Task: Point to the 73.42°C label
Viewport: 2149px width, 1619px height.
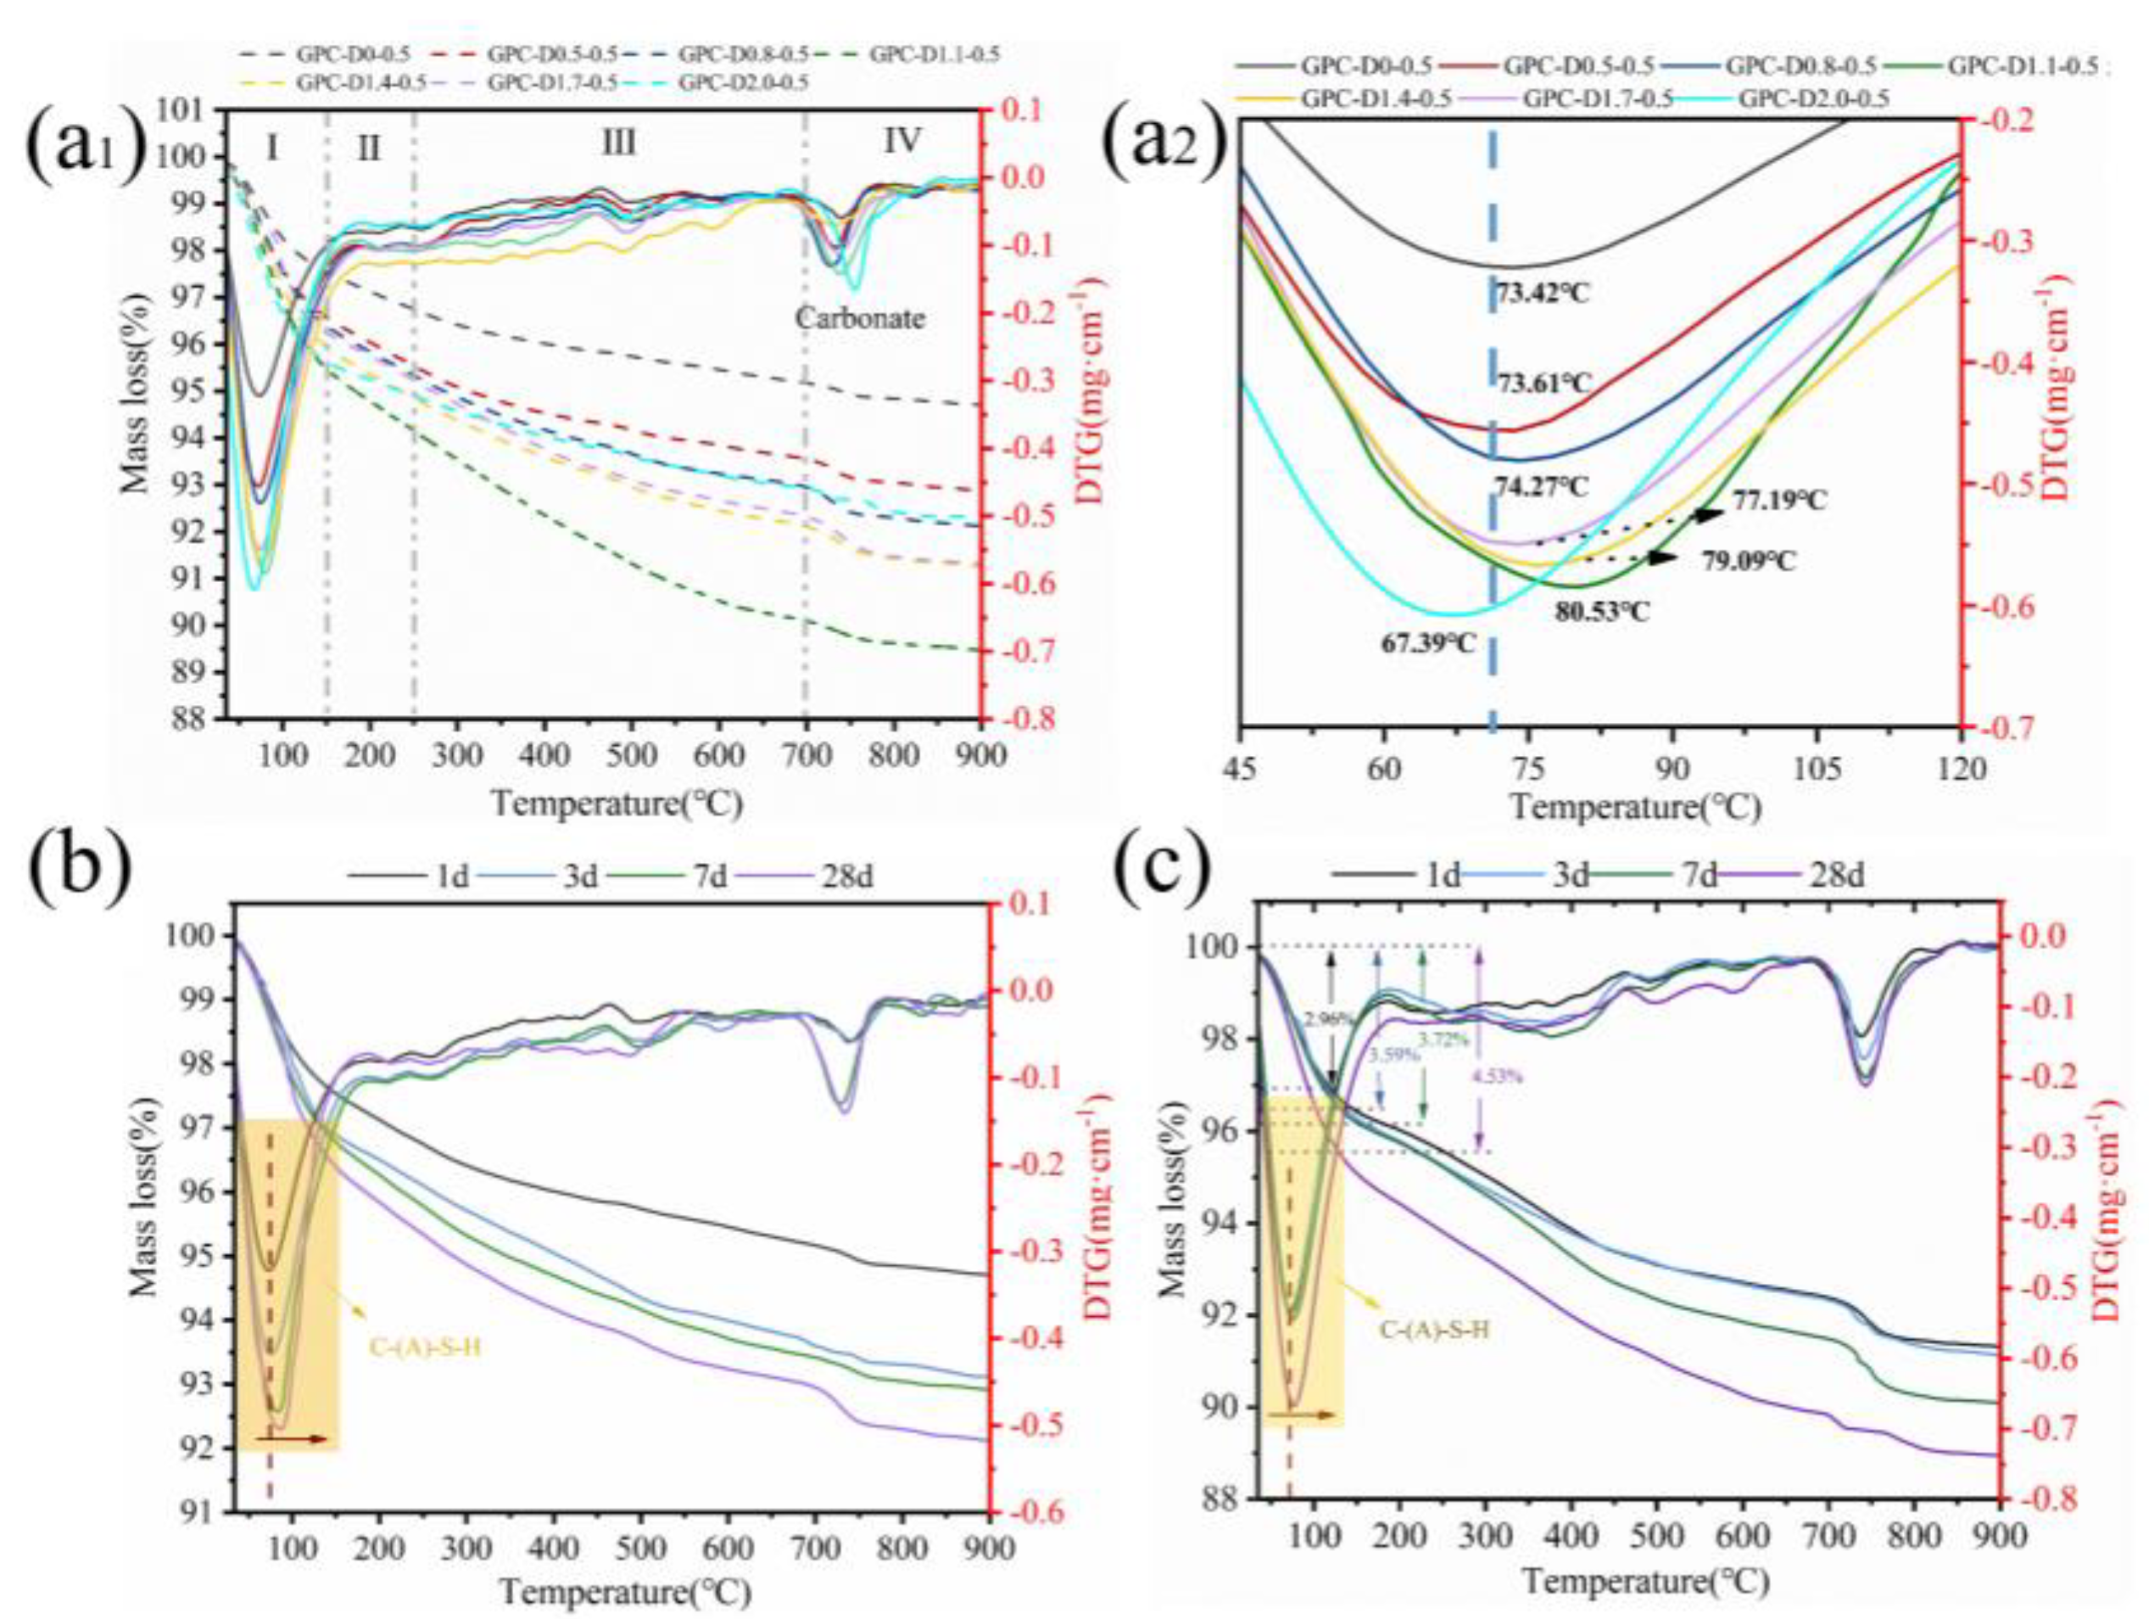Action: [x=1542, y=292]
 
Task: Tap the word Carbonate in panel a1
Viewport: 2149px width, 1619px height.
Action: [x=860, y=317]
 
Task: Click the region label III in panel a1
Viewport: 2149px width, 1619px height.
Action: [x=618, y=143]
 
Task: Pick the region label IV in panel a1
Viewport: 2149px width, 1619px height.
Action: [x=901, y=142]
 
